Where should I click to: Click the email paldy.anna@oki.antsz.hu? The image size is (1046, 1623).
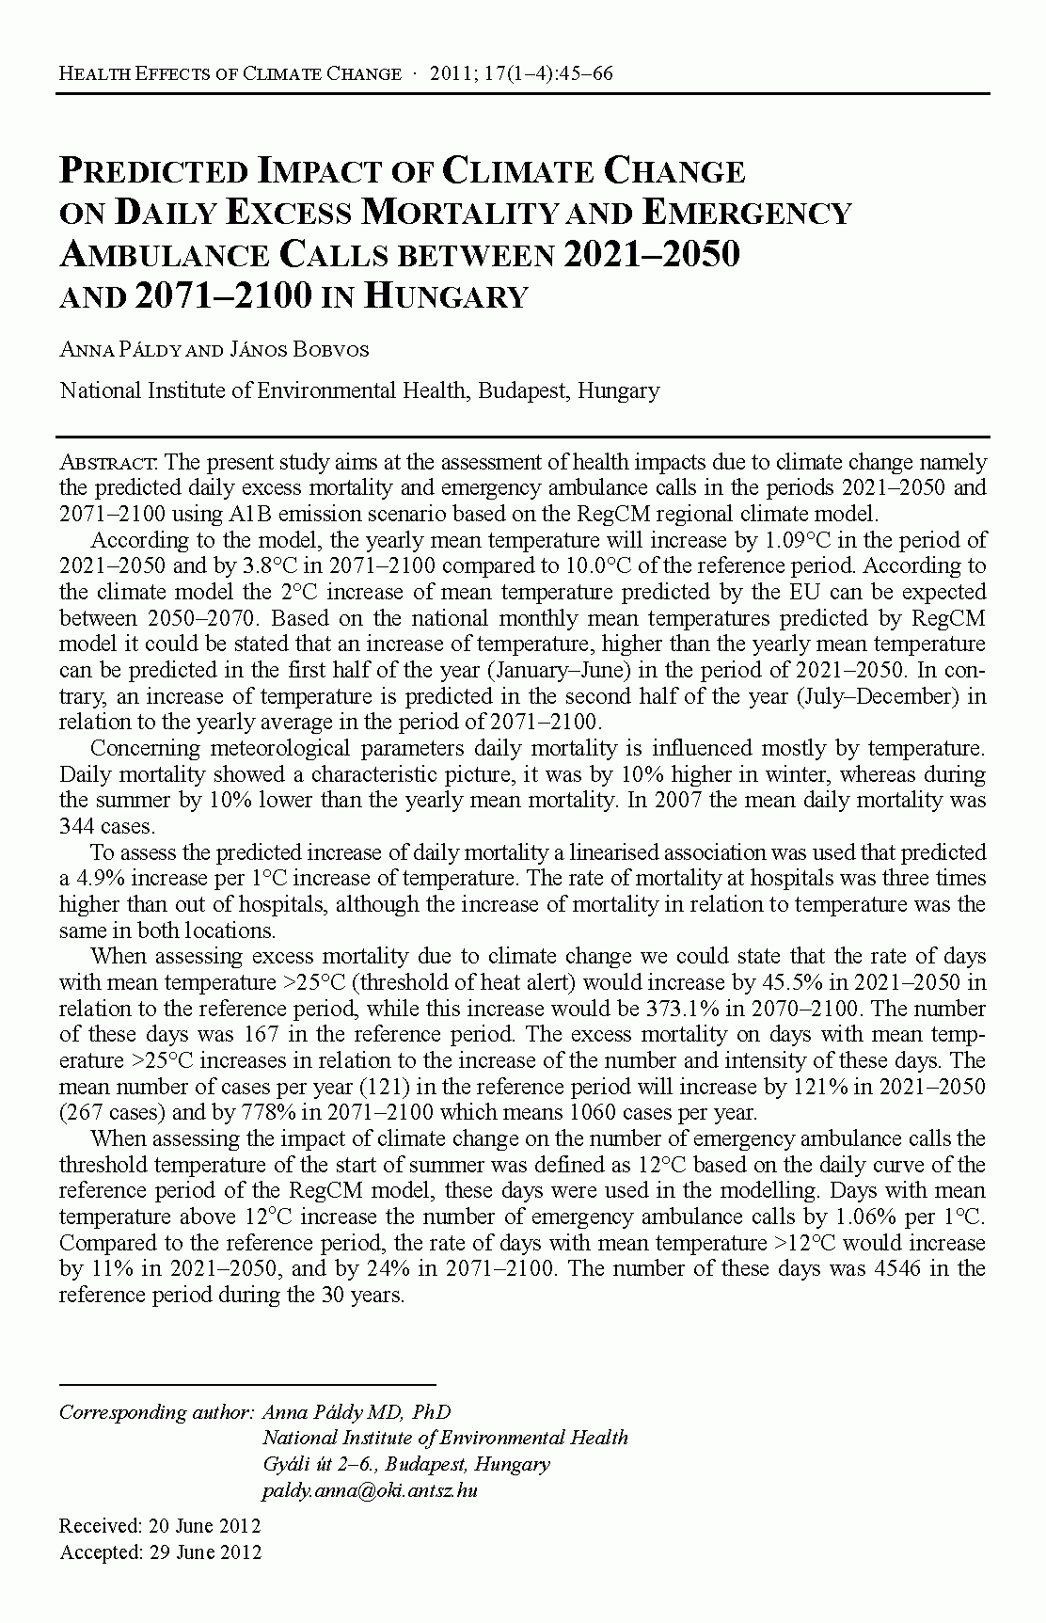370,1490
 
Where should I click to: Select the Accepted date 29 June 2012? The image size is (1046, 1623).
206,1551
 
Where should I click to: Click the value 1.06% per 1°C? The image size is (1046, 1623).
901,1217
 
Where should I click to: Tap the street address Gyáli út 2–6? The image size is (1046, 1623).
320,1464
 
